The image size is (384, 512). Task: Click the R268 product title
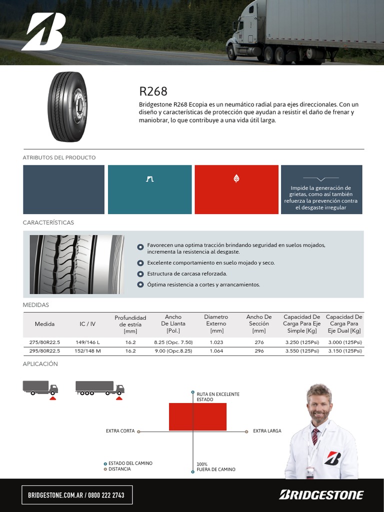tap(153, 91)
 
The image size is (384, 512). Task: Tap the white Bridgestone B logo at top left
tap(43, 31)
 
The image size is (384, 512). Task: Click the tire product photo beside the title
tap(67, 107)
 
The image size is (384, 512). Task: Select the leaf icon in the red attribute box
tap(236, 178)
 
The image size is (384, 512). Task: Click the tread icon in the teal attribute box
tap(149, 178)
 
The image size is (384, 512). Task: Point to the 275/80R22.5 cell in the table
tap(44, 342)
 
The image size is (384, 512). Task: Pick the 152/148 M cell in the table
tap(87, 351)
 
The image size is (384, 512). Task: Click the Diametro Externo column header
tap(216, 323)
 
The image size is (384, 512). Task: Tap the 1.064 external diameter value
tap(216, 351)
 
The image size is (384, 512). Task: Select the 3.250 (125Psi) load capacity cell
tap(301, 342)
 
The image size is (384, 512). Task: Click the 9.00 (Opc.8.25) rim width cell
tap(173, 351)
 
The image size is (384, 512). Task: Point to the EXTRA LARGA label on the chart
tap(267, 431)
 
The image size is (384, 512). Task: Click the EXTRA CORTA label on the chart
tap(120, 431)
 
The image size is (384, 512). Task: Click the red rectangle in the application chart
tap(197, 416)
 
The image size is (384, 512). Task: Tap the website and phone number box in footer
tap(76, 495)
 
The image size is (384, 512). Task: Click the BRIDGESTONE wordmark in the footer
tap(321, 495)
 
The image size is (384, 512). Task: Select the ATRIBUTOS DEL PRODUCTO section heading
tap(59, 157)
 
